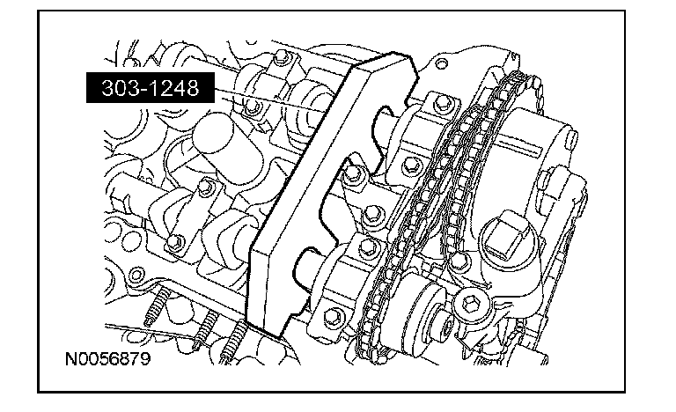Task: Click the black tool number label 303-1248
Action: coord(151,87)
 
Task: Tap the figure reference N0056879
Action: coord(107,359)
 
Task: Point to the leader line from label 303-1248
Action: coord(270,100)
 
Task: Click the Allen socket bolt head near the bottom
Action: coord(469,305)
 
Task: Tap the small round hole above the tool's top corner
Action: coord(440,64)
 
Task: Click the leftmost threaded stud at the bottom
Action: coord(157,306)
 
